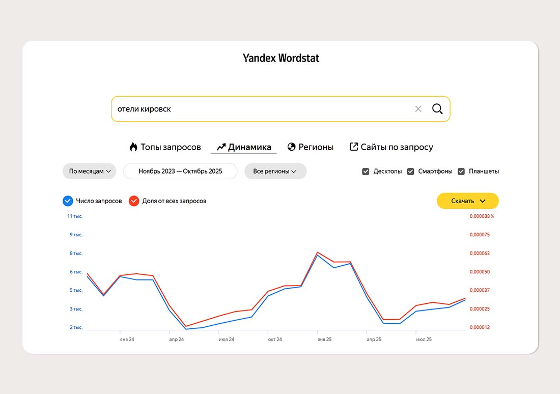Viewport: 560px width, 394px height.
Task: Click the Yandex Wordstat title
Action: click(281, 58)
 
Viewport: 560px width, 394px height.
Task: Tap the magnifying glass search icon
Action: click(437, 109)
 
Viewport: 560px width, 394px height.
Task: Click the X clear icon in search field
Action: click(418, 109)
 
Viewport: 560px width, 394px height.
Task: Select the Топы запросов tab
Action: click(165, 147)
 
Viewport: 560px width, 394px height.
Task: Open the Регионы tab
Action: click(311, 147)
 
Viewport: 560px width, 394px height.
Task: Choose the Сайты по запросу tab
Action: click(391, 147)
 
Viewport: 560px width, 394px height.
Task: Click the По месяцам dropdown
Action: click(90, 172)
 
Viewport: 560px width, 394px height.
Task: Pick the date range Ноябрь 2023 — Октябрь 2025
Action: click(180, 172)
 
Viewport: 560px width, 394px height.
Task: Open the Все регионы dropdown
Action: click(275, 172)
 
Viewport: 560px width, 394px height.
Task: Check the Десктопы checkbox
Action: click(366, 172)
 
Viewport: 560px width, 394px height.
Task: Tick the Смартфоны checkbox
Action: click(411, 172)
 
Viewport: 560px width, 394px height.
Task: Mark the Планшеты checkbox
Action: click(461, 172)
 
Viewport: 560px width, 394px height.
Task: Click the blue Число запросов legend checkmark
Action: click(68, 201)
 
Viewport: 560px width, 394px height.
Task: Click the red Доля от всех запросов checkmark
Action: click(134, 201)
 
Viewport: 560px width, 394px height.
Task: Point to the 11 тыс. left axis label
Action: click(75, 216)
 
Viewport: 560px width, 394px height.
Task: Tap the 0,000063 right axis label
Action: click(480, 254)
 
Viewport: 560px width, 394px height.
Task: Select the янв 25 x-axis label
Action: click(324, 339)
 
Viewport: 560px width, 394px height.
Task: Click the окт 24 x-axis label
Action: click(275, 339)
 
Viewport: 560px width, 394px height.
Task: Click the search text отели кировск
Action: click(144, 109)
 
